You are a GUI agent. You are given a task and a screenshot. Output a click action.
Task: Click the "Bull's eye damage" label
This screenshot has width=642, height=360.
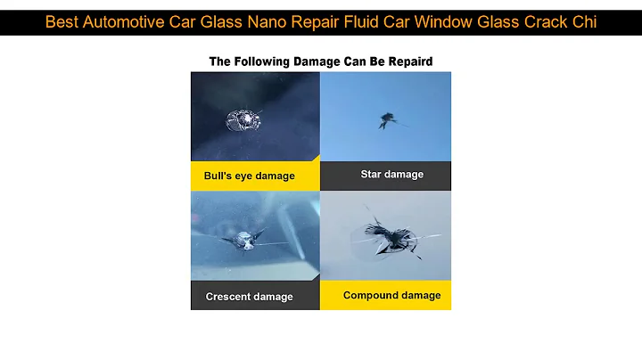click(249, 176)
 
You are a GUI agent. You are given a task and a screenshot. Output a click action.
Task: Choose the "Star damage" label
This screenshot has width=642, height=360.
click(391, 174)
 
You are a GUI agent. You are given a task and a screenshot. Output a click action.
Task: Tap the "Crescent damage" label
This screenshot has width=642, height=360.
click(249, 297)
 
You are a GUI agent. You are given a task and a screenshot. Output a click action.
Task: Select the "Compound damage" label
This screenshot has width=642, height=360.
click(391, 295)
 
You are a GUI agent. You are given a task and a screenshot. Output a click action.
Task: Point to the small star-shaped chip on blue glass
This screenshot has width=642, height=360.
click(389, 118)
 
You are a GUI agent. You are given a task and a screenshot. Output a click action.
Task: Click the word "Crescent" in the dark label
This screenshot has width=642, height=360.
click(228, 297)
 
